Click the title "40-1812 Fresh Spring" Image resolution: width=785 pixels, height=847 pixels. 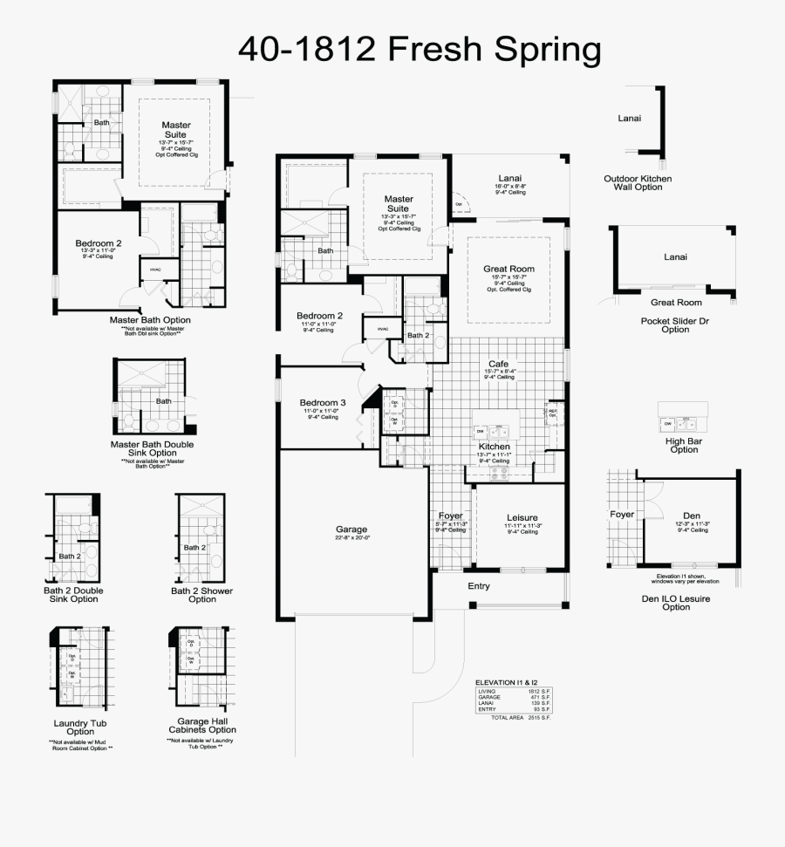(x=420, y=50)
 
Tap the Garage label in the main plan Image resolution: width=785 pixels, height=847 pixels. (x=352, y=529)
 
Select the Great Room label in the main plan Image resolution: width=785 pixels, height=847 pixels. (x=509, y=269)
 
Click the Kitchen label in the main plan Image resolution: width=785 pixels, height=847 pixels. (x=494, y=446)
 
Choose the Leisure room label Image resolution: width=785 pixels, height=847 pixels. (x=522, y=516)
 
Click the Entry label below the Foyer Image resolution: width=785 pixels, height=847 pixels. (x=479, y=585)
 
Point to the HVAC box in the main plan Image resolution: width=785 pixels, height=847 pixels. (x=383, y=329)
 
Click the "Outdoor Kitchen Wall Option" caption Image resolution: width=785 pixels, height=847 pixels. (x=638, y=182)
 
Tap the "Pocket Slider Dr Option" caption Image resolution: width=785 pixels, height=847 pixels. (x=675, y=324)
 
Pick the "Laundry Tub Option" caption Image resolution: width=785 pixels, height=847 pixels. (x=79, y=727)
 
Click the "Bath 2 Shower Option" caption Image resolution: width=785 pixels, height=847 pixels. (x=201, y=594)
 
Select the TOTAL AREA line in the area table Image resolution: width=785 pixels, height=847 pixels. (x=521, y=717)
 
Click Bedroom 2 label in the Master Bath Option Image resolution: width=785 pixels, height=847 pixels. (x=99, y=242)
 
